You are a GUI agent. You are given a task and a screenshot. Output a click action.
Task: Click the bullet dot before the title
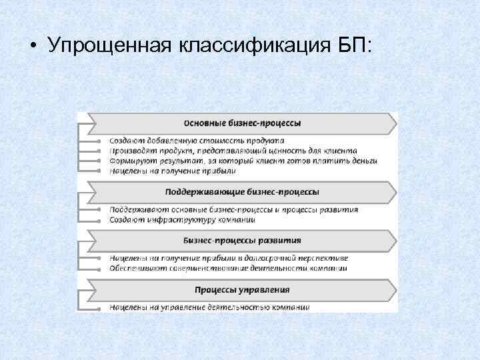click(x=32, y=48)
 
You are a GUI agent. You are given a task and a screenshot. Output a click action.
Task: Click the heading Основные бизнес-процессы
click(x=242, y=123)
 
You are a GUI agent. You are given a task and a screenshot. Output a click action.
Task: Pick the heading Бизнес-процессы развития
click(x=242, y=240)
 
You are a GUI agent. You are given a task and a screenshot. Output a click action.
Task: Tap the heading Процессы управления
click(x=242, y=289)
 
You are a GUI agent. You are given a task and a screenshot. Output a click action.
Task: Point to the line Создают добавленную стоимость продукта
click(x=197, y=141)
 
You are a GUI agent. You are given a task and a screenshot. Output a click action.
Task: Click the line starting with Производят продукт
click(x=233, y=151)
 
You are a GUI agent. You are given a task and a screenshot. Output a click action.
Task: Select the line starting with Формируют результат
click(x=243, y=161)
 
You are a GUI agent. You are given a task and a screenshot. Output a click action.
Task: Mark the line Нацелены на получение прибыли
click(x=173, y=171)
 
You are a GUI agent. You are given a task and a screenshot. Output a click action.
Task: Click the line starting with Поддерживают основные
click(x=233, y=209)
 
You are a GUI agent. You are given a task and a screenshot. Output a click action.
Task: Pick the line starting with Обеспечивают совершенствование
click(x=228, y=268)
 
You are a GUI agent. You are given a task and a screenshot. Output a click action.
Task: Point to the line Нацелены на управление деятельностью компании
click(x=209, y=307)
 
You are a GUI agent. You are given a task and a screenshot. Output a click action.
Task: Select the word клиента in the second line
click(x=341, y=151)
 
